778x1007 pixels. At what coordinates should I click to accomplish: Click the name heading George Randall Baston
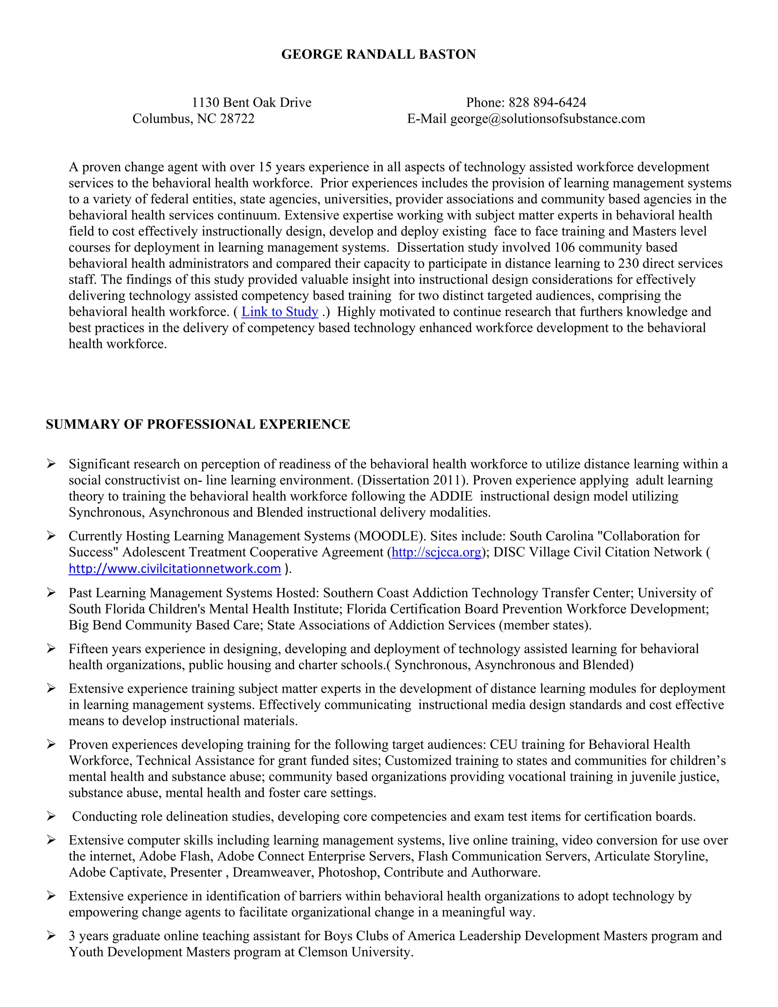click(378, 54)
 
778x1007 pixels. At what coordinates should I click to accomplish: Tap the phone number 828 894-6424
click(547, 102)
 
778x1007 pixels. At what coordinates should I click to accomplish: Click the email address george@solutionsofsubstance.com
click(547, 119)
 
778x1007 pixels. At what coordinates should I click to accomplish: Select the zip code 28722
click(237, 119)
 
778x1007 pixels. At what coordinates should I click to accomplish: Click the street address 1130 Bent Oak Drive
click(251, 102)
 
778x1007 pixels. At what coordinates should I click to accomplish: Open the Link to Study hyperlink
click(280, 312)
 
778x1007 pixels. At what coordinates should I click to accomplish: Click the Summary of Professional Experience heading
click(198, 424)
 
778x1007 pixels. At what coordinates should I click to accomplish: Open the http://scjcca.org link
click(436, 553)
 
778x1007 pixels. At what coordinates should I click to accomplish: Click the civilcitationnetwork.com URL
click(175, 569)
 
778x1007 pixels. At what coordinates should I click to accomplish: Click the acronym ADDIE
click(451, 497)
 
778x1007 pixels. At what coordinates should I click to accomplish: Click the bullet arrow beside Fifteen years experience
click(51, 649)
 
